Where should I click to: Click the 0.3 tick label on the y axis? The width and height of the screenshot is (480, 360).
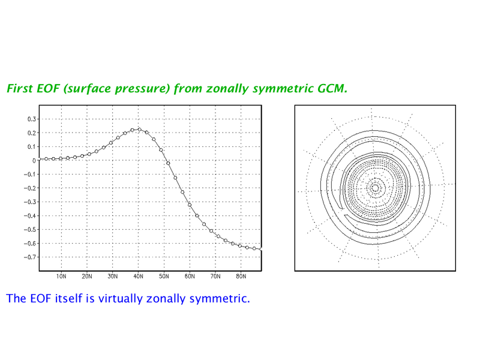point(32,119)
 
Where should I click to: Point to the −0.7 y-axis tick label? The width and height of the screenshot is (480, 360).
point(29,257)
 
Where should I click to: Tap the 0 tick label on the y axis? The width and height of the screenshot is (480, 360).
point(34,160)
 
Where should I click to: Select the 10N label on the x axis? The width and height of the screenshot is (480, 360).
point(61,277)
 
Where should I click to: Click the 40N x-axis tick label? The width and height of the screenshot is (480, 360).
point(138,277)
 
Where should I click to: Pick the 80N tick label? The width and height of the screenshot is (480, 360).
point(241,277)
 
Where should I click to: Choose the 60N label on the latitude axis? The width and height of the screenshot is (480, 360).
point(190,277)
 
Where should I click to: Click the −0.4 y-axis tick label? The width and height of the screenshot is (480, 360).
point(29,216)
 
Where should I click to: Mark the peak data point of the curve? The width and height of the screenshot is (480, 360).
point(140,130)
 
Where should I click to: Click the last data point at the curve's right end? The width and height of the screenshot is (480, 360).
point(261,250)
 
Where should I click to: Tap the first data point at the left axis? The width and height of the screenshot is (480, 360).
point(39,160)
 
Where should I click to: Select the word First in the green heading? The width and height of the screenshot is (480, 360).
point(20,88)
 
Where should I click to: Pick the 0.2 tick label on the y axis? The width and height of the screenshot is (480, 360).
point(32,133)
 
